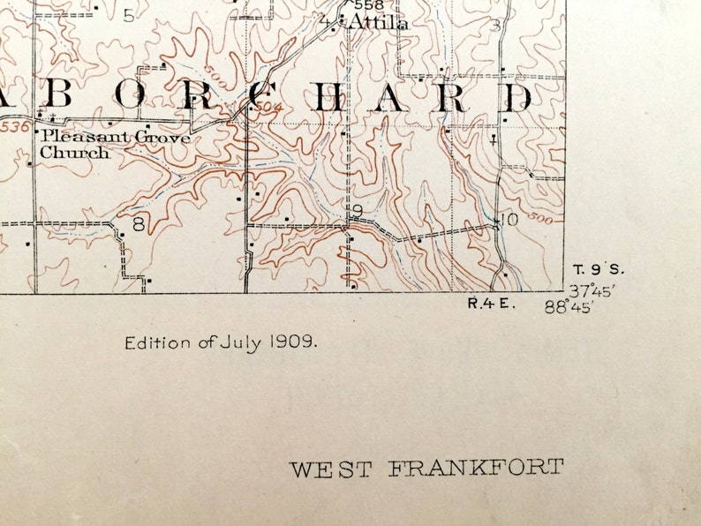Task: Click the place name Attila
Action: pyautogui.click(x=378, y=23)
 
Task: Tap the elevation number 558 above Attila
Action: pyautogui.click(x=368, y=5)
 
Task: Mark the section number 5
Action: pyautogui.click(x=130, y=16)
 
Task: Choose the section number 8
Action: pyautogui.click(x=139, y=224)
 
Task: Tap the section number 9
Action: pyautogui.click(x=357, y=211)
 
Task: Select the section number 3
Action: pyautogui.click(x=496, y=25)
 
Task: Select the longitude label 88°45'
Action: pyautogui.click(x=569, y=306)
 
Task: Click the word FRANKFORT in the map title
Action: pyautogui.click(x=475, y=468)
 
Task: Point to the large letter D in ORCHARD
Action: pyautogui.click(x=517, y=99)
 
